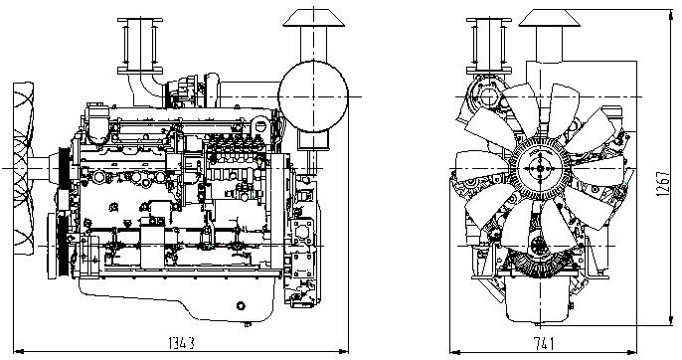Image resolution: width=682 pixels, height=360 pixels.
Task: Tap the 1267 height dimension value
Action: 664,180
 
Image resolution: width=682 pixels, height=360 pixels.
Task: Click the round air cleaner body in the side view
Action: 312,95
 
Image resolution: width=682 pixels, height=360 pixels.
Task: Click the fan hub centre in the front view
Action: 539,170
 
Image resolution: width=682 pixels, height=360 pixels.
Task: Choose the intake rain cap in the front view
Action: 541,16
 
